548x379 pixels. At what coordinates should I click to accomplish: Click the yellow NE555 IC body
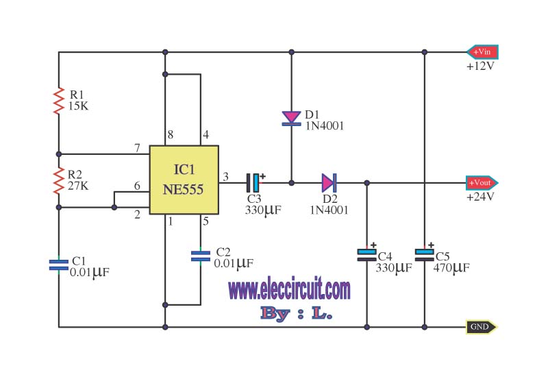(x=184, y=180)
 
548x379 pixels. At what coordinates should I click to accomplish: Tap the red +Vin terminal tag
(x=482, y=52)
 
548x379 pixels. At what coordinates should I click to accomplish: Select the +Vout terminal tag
(x=482, y=183)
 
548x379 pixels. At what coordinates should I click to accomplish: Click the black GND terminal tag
(x=482, y=327)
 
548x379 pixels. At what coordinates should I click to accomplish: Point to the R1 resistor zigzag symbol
(x=59, y=101)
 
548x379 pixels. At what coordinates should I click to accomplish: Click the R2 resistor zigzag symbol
(x=59, y=180)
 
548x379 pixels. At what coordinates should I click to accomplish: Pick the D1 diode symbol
(x=292, y=118)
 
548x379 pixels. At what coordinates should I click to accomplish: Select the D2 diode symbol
(x=329, y=182)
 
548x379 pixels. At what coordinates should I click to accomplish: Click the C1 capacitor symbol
(x=59, y=265)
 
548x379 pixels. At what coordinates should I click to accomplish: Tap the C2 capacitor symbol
(x=201, y=256)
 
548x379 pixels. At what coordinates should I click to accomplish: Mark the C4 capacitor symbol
(x=366, y=254)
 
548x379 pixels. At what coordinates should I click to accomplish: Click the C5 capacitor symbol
(x=424, y=254)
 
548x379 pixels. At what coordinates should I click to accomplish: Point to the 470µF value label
(x=451, y=268)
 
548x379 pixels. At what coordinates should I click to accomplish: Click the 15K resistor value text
(x=78, y=106)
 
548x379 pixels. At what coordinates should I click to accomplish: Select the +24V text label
(x=481, y=197)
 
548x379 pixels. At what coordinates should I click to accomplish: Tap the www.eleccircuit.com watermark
(x=289, y=290)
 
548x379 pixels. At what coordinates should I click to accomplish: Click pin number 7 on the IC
(x=138, y=148)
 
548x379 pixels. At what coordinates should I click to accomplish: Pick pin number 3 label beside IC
(x=226, y=177)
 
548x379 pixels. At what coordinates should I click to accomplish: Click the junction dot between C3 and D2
(x=292, y=183)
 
